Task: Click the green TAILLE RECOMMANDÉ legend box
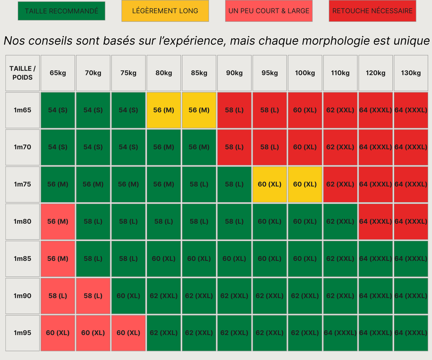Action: (61, 11)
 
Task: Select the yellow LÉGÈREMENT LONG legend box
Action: (165, 11)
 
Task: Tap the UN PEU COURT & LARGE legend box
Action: (269, 11)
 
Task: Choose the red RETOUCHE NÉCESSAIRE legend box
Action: (373, 11)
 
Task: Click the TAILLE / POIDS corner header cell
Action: (22, 73)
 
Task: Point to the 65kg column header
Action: (58, 73)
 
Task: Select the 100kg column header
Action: (305, 73)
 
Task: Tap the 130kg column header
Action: (411, 73)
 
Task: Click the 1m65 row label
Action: (22, 110)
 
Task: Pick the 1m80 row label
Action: (22, 222)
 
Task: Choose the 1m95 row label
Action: (22, 333)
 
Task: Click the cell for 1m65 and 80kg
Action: (164, 110)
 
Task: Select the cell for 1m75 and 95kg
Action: (270, 184)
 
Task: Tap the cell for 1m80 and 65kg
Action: (58, 222)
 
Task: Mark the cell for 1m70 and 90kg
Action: (234, 147)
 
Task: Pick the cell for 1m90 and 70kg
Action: (93, 296)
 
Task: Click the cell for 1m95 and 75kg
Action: (128, 333)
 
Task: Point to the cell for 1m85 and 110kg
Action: (340, 259)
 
